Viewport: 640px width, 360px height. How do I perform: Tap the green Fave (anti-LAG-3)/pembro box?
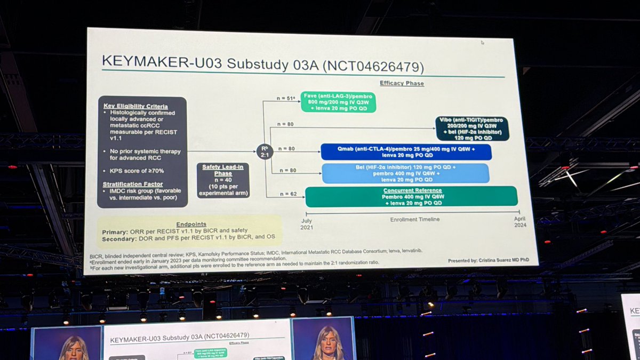click(x=338, y=101)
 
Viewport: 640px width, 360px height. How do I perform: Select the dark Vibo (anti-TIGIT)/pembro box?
click(x=472, y=129)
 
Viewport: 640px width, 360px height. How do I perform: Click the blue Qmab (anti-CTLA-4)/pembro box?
click(x=405, y=151)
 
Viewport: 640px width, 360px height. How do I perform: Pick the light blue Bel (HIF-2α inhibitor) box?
click(x=405, y=173)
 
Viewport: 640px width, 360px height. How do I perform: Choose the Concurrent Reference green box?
click(x=411, y=196)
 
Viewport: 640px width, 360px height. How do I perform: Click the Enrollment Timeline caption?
click(x=415, y=219)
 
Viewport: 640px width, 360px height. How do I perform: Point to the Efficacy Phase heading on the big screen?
click(x=402, y=83)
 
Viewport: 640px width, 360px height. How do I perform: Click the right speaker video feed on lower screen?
click(x=323, y=339)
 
